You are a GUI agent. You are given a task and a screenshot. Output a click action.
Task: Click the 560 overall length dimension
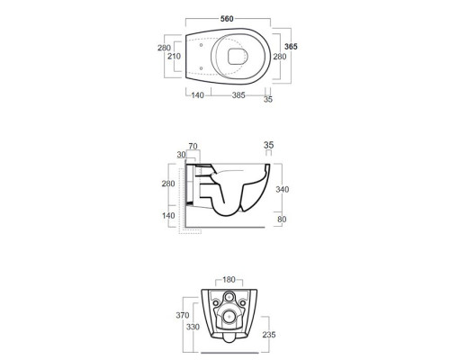tap(227, 19)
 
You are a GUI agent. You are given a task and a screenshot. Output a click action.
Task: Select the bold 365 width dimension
tap(291, 47)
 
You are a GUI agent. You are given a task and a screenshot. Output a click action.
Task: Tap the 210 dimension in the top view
tap(174, 56)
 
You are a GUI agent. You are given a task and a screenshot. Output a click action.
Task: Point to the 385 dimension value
tap(238, 95)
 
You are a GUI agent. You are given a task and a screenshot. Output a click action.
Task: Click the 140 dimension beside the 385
tap(197, 95)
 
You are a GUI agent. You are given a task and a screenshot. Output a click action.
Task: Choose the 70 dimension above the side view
tap(193, 146)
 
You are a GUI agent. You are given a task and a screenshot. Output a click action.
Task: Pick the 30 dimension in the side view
tap(181, 155)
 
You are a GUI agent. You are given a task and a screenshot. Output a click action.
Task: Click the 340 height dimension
tap(283, 189)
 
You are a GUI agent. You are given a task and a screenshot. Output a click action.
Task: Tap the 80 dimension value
tap(282, 220)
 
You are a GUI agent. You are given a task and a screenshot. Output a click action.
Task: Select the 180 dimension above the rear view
tap(229, 280)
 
